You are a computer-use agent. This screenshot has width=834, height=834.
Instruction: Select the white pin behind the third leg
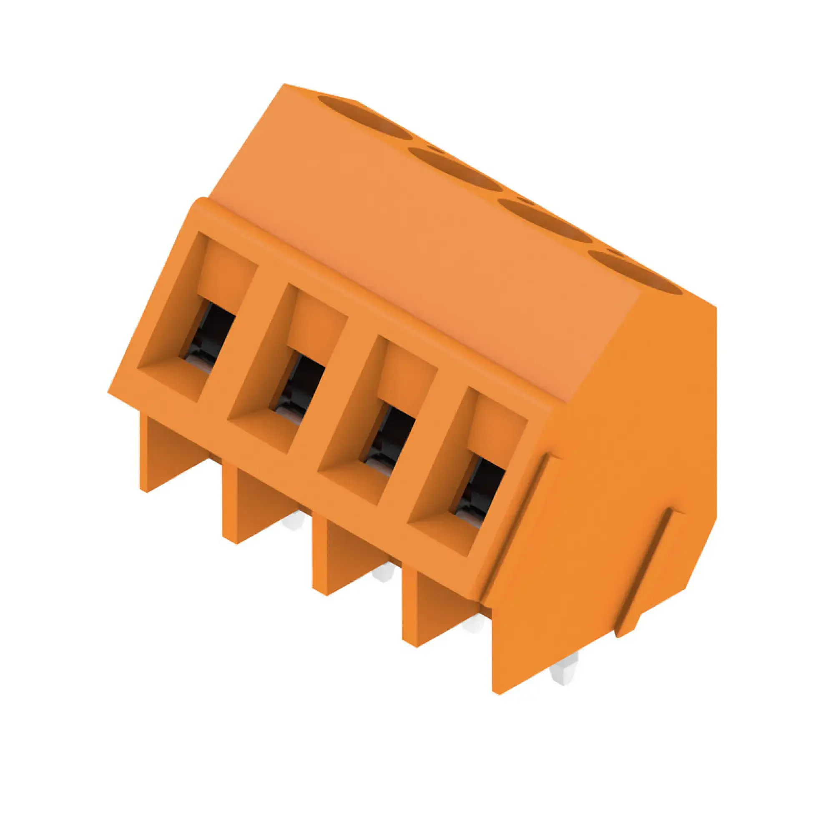(x=384, y=574)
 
